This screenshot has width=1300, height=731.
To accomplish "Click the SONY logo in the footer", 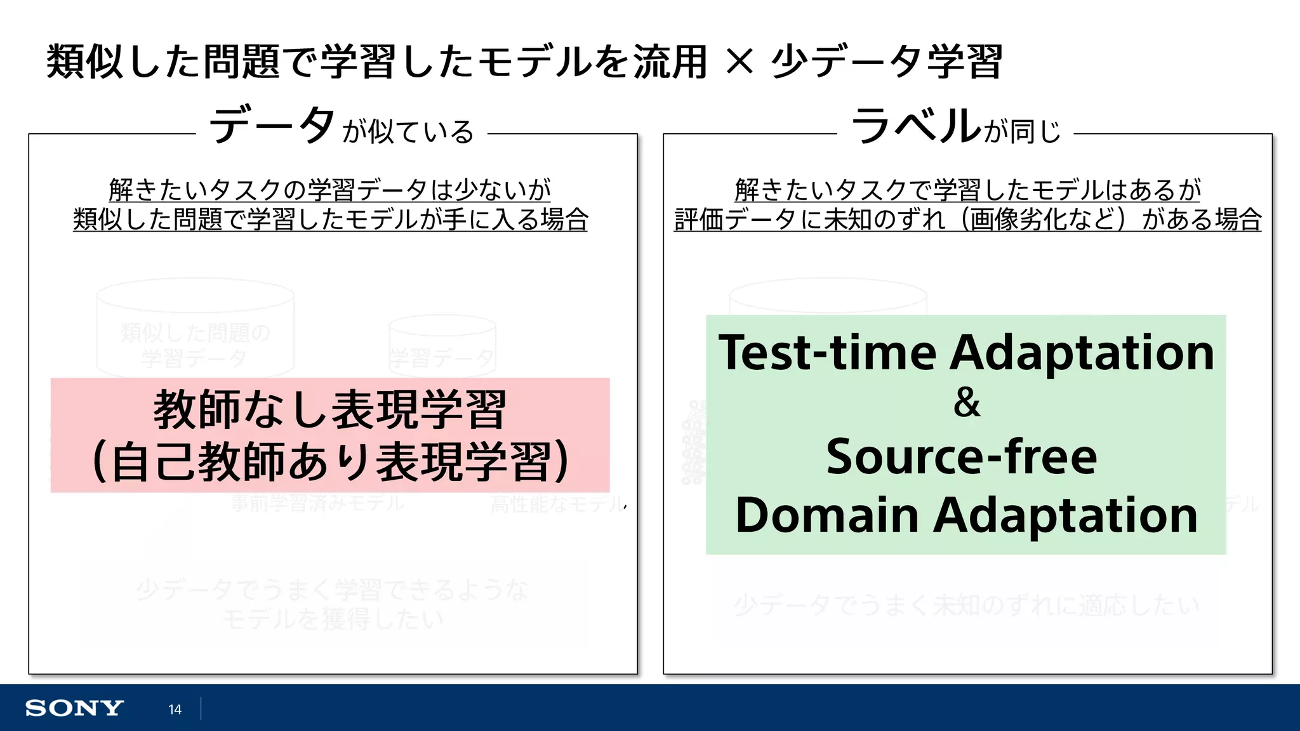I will (74, 708).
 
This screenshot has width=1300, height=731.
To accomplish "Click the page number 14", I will (175, 709).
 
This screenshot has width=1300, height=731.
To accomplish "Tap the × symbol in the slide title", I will (739, 62).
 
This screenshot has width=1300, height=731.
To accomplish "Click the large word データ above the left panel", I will (272, 125).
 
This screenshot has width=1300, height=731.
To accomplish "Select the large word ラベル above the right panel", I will (915, 125).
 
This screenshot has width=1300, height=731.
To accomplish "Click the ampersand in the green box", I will (966, 403).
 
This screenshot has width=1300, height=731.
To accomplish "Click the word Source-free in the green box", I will (961, 457).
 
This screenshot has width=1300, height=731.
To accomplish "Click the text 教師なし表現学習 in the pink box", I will (330, 410).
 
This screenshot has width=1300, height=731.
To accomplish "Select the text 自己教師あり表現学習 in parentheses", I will (330, 462).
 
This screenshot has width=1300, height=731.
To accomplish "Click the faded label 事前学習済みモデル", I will (317, 504).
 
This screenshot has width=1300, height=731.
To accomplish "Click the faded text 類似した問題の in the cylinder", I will (196, 333).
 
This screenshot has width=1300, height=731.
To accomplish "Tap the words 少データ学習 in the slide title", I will (887, 62).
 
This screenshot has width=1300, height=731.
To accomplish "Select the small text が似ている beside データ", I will (408, 132).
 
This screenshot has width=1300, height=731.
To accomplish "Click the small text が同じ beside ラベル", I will (1023, 132).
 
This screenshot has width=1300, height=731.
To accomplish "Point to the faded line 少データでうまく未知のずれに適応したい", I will (966, 605).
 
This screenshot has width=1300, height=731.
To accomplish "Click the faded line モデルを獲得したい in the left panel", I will (333, 619).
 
